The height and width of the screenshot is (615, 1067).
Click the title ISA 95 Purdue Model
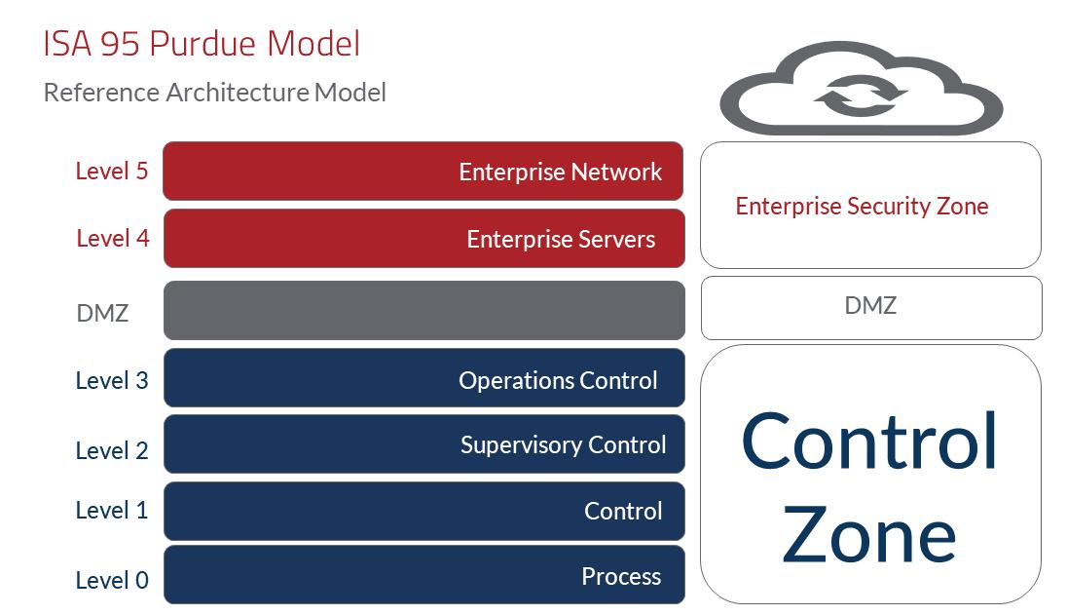202,44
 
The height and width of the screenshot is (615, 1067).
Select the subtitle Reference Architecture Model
215,93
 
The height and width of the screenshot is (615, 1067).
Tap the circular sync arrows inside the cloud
861,96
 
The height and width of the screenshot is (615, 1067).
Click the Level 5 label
112,172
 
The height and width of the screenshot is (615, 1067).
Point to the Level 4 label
113,238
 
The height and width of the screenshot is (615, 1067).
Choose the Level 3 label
112,380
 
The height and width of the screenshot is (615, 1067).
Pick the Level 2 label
112,450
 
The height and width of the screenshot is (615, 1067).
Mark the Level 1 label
112,510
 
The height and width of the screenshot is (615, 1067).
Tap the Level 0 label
112,581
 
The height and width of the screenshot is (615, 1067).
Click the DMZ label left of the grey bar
102,314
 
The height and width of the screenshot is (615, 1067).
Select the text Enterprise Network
561,173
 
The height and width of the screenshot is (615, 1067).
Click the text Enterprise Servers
561,240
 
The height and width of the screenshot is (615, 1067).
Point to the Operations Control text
558,380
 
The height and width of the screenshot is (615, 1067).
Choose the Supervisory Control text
564,445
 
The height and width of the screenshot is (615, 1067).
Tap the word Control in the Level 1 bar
623,511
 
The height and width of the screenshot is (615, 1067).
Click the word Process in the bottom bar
621,576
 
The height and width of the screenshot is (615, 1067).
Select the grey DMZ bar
423,311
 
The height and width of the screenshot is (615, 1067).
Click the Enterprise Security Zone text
862,207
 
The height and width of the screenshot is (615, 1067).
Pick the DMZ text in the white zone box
870,306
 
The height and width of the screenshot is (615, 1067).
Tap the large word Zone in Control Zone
869,535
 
